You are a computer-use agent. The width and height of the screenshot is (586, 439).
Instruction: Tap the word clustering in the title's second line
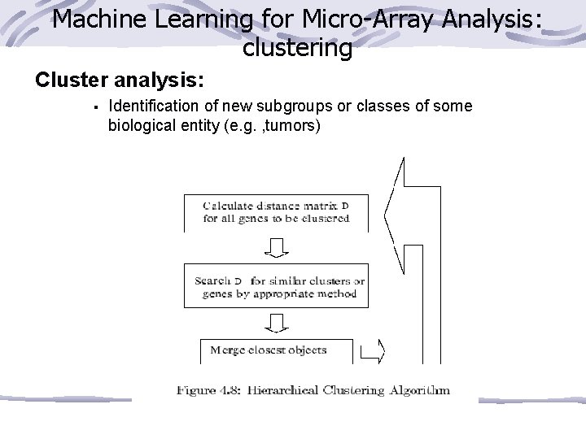(297, 48)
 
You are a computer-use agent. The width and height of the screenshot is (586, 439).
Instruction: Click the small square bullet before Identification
(95, 107)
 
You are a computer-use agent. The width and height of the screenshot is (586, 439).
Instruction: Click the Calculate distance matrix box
(276, 211)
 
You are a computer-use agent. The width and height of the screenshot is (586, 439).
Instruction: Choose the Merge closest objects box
(276, 350)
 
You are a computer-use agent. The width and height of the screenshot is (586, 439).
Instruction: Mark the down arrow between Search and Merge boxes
(276, 324)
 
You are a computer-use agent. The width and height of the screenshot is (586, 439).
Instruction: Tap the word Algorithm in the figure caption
(418, 390)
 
